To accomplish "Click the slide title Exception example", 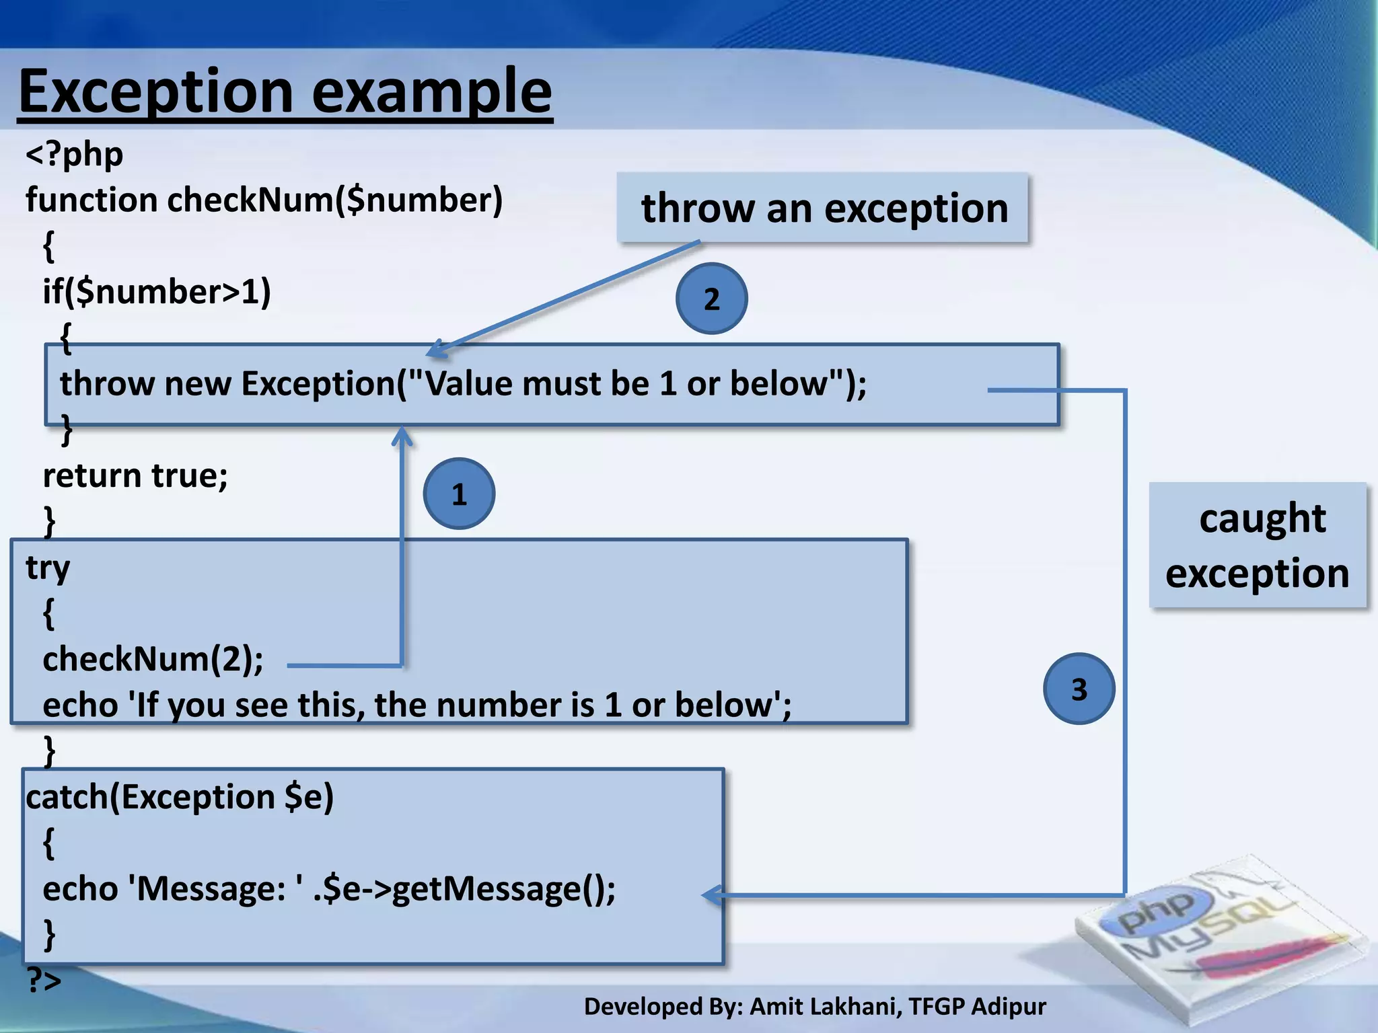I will coord(285,91).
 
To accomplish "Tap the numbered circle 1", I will coord(460,494).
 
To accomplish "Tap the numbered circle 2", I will coord(711,299).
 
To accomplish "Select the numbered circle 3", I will coord(1079,689).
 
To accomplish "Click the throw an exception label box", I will coord(822,208).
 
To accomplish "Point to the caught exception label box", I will coord(1257,545).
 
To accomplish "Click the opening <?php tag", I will coord(74,155).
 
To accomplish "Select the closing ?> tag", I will coord(44,980).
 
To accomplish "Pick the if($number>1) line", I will coord(157,292).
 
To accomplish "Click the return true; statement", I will coord(135,475).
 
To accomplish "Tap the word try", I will coord(47,568).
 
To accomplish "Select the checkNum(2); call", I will coord(153,659).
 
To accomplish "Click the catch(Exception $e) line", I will coord(180,797).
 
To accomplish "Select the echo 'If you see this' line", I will coord(417,705).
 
